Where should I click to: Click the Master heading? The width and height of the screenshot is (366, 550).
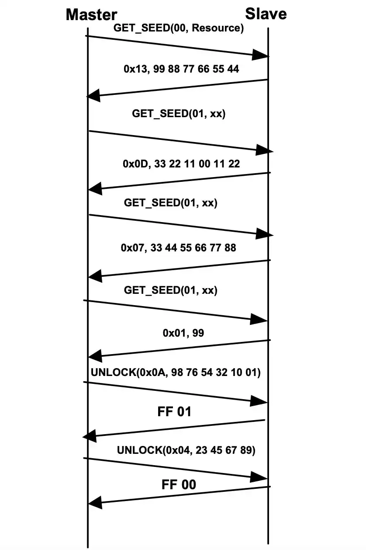click(91, 15)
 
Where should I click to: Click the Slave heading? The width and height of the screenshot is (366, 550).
click(266, 14)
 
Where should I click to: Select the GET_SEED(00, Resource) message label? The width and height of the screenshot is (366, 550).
click(179, 28)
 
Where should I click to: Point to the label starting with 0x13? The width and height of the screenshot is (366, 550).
click(181, 69)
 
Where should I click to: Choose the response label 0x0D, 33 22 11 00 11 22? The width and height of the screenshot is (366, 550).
click(181, 164)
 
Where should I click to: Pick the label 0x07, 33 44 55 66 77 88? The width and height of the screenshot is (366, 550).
click(178, 248)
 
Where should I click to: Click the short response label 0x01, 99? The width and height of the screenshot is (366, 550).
click(183, 333)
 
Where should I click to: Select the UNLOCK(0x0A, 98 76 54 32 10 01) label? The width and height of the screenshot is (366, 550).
click(176, 372)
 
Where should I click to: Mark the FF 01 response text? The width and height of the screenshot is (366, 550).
click(174, 412)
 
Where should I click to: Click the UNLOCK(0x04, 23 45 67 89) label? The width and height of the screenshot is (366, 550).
click(186, 450)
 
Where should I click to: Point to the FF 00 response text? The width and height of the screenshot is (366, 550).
click(179, 484)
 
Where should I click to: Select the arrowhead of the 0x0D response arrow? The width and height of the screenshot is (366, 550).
click(95, 189)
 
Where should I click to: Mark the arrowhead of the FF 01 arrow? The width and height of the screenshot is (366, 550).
click(90, 436)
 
